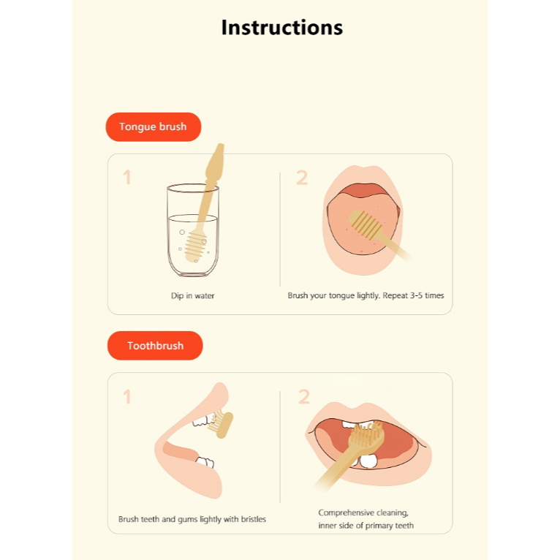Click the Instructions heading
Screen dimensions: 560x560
click(x=281, y=28)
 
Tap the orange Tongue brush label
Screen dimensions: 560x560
click(x=154, y=126)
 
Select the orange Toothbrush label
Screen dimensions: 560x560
click(x=155, y=345)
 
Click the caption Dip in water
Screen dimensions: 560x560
click(x=192, y=295)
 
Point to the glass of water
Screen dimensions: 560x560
click(x=193, y=230)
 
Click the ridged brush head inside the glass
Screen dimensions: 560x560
click(x=195, y=246)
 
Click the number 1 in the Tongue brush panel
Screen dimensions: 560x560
click(x=126, y=177)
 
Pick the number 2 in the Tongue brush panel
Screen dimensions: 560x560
click(x=302, y=178)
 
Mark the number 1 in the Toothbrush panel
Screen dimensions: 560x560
click(x=126, y=396)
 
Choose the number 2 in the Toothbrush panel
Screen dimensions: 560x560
click(x=304, y=396)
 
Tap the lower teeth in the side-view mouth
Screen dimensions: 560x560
click(x=205, y=462)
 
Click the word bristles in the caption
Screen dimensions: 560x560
click(x=253, y=519)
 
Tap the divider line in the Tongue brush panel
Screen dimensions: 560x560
click(x=280, y=229)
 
